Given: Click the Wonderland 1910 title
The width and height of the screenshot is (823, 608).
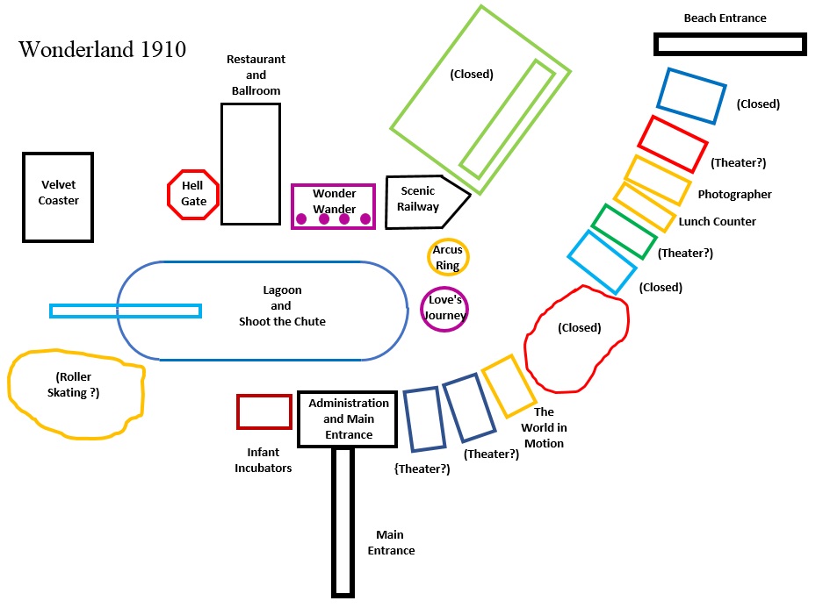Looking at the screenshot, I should [102, 49].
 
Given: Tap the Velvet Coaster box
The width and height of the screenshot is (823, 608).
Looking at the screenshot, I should [59, 197].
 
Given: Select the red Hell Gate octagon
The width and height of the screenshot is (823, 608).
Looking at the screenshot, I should [193, 194].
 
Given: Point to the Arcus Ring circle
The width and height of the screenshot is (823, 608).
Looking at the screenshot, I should [448, 258].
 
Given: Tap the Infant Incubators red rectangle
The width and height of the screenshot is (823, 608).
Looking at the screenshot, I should [264, 411].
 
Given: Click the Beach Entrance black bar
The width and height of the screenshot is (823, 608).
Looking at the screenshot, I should [729, 44].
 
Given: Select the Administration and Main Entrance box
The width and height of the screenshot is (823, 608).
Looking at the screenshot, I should [348, 418].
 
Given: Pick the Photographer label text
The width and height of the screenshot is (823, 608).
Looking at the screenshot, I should [734, 195].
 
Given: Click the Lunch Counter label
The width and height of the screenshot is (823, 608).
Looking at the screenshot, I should [717, 222].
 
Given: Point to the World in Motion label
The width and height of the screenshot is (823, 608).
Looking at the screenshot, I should [544, 427].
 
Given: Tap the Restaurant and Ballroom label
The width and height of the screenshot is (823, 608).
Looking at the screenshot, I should [256, 75].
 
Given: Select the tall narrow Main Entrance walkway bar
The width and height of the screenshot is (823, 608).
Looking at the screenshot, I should [343, 521].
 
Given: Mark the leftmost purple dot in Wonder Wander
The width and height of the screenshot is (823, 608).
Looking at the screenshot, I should [301, 219].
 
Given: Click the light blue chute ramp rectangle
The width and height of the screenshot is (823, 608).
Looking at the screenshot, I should [126, 311].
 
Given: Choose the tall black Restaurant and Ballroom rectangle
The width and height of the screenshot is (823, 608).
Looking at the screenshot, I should [250, 164].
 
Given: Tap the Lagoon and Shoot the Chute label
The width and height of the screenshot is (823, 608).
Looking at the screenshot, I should [281, 305].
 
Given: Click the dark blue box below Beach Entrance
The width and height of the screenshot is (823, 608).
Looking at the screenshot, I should [692, 97].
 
